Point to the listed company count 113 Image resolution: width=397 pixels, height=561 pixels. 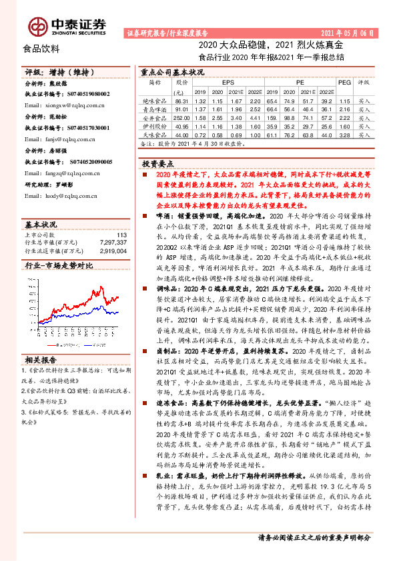(x=121, y=235)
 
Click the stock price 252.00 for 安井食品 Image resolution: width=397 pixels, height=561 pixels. (x=181, y=116)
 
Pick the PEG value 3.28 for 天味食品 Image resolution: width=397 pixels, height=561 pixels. (x=344, y=135)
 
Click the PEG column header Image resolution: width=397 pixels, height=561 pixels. (x=344, y=81)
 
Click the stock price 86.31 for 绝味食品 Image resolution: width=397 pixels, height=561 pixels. (x=181, y=99)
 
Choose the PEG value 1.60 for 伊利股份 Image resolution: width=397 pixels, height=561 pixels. (x=344, y=125)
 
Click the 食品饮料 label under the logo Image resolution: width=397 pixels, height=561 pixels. (x=41, y=48)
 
